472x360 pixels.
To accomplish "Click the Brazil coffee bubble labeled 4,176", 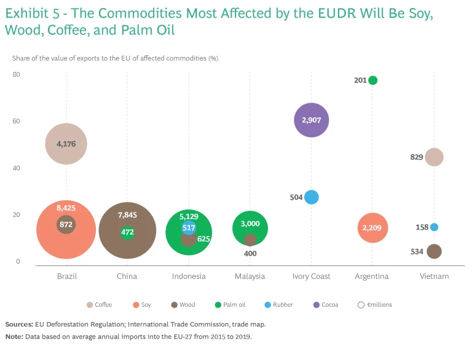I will (66, 144).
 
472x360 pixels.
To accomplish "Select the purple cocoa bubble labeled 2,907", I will (312, 120).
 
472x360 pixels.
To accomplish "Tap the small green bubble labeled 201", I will (372, 80).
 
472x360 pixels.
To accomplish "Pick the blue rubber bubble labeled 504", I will (312, 197).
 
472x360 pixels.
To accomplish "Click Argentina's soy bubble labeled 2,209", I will (372, 228).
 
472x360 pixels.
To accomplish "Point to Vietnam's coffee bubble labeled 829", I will (434, 157).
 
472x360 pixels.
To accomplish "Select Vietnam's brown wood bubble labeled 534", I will (434, 251).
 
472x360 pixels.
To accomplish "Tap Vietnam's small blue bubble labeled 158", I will (434, 227).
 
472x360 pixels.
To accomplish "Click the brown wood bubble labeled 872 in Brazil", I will (66, 225).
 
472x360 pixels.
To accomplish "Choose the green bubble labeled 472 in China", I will (127, 233).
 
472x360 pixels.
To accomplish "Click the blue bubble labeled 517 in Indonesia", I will (189, 227).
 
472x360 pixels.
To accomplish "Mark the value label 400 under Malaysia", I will (250, 253).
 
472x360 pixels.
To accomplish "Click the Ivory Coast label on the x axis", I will (312, 276).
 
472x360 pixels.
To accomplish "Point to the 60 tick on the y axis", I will (16, 121).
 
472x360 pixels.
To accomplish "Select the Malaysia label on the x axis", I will (250, 276).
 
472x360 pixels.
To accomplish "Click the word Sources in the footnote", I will (19, 324).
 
